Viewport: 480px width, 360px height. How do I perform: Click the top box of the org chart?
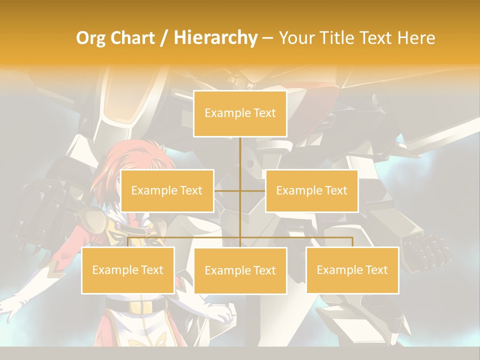point(240,113)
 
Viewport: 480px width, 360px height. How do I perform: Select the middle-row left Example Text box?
point(167,190)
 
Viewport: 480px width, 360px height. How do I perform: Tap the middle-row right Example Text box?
point(311,190)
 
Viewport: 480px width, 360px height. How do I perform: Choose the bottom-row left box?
point(128,270)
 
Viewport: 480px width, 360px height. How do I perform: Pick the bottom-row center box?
point(240,270)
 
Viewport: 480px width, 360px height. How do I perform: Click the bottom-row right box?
point(352,270)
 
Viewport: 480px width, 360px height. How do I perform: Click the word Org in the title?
point(90,38)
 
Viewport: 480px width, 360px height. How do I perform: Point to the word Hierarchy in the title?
point(215,38)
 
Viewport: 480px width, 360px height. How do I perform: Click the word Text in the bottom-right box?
point(376,270)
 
